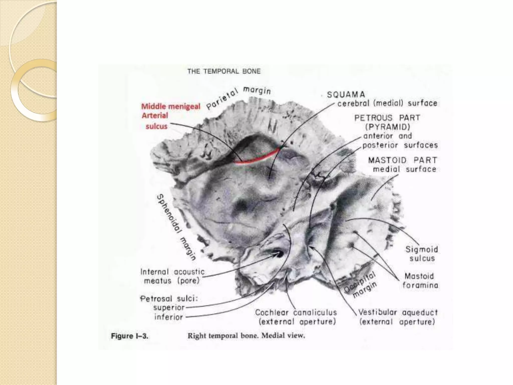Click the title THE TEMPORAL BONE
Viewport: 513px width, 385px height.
[224, 71]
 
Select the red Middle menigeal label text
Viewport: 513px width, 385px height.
[171, 107]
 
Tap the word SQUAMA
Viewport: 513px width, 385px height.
[346, 95]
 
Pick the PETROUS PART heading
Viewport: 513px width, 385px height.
[387, 118]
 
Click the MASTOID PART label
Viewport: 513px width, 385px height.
[403, 160]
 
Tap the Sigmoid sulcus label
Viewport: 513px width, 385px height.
[422, 254]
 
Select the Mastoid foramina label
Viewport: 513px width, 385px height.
[420, 281]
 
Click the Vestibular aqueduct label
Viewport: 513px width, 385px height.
[398, 313]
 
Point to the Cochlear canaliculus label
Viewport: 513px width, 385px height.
[296, 313]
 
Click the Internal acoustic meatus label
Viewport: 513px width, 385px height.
[172, 276]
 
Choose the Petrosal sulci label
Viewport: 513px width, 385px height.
[169, 299]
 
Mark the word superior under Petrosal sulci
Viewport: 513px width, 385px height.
[169, 308]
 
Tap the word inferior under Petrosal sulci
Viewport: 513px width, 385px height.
[169, 317]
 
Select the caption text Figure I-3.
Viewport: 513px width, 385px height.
[130, 336]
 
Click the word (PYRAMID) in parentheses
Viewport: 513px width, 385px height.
[387, 127]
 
